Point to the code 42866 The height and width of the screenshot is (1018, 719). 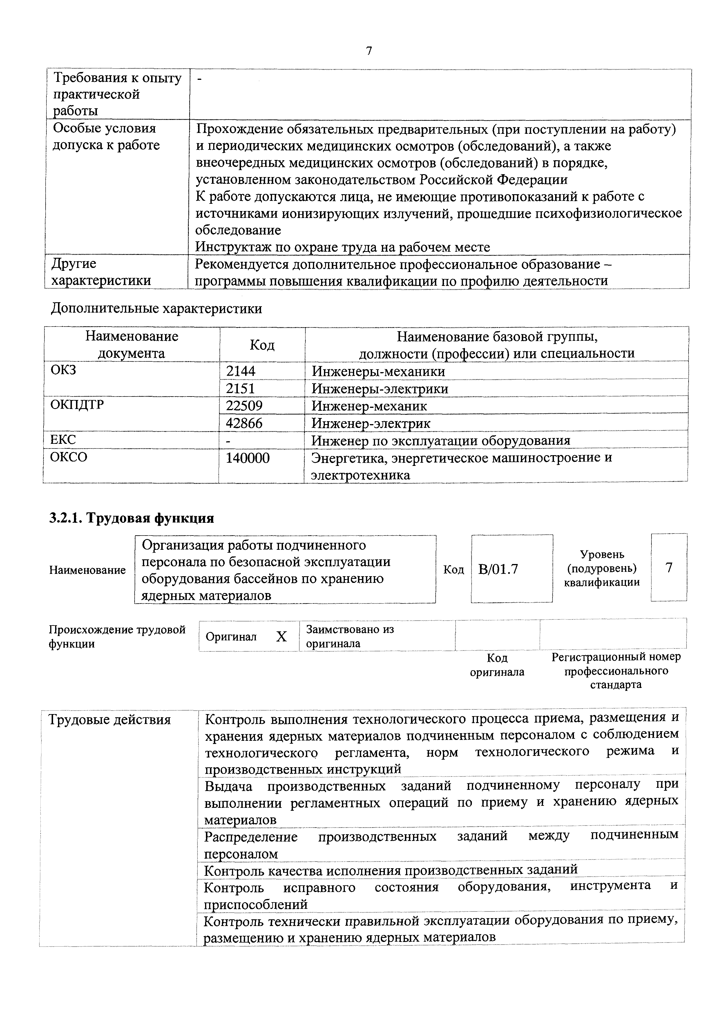(244, 423)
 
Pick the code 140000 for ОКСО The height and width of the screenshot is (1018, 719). (248, 457)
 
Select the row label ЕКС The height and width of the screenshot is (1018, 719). (63, 439)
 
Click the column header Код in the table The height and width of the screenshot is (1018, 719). (262, 345)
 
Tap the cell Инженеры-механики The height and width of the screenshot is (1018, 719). (378, 371)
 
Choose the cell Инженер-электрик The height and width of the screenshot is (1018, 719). (371, 423)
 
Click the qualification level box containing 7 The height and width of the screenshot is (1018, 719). (669, 567)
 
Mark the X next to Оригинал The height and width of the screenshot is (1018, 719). (281, 637)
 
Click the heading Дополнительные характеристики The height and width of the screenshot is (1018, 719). (156, 308)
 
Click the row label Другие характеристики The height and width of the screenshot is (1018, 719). (101, 272)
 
